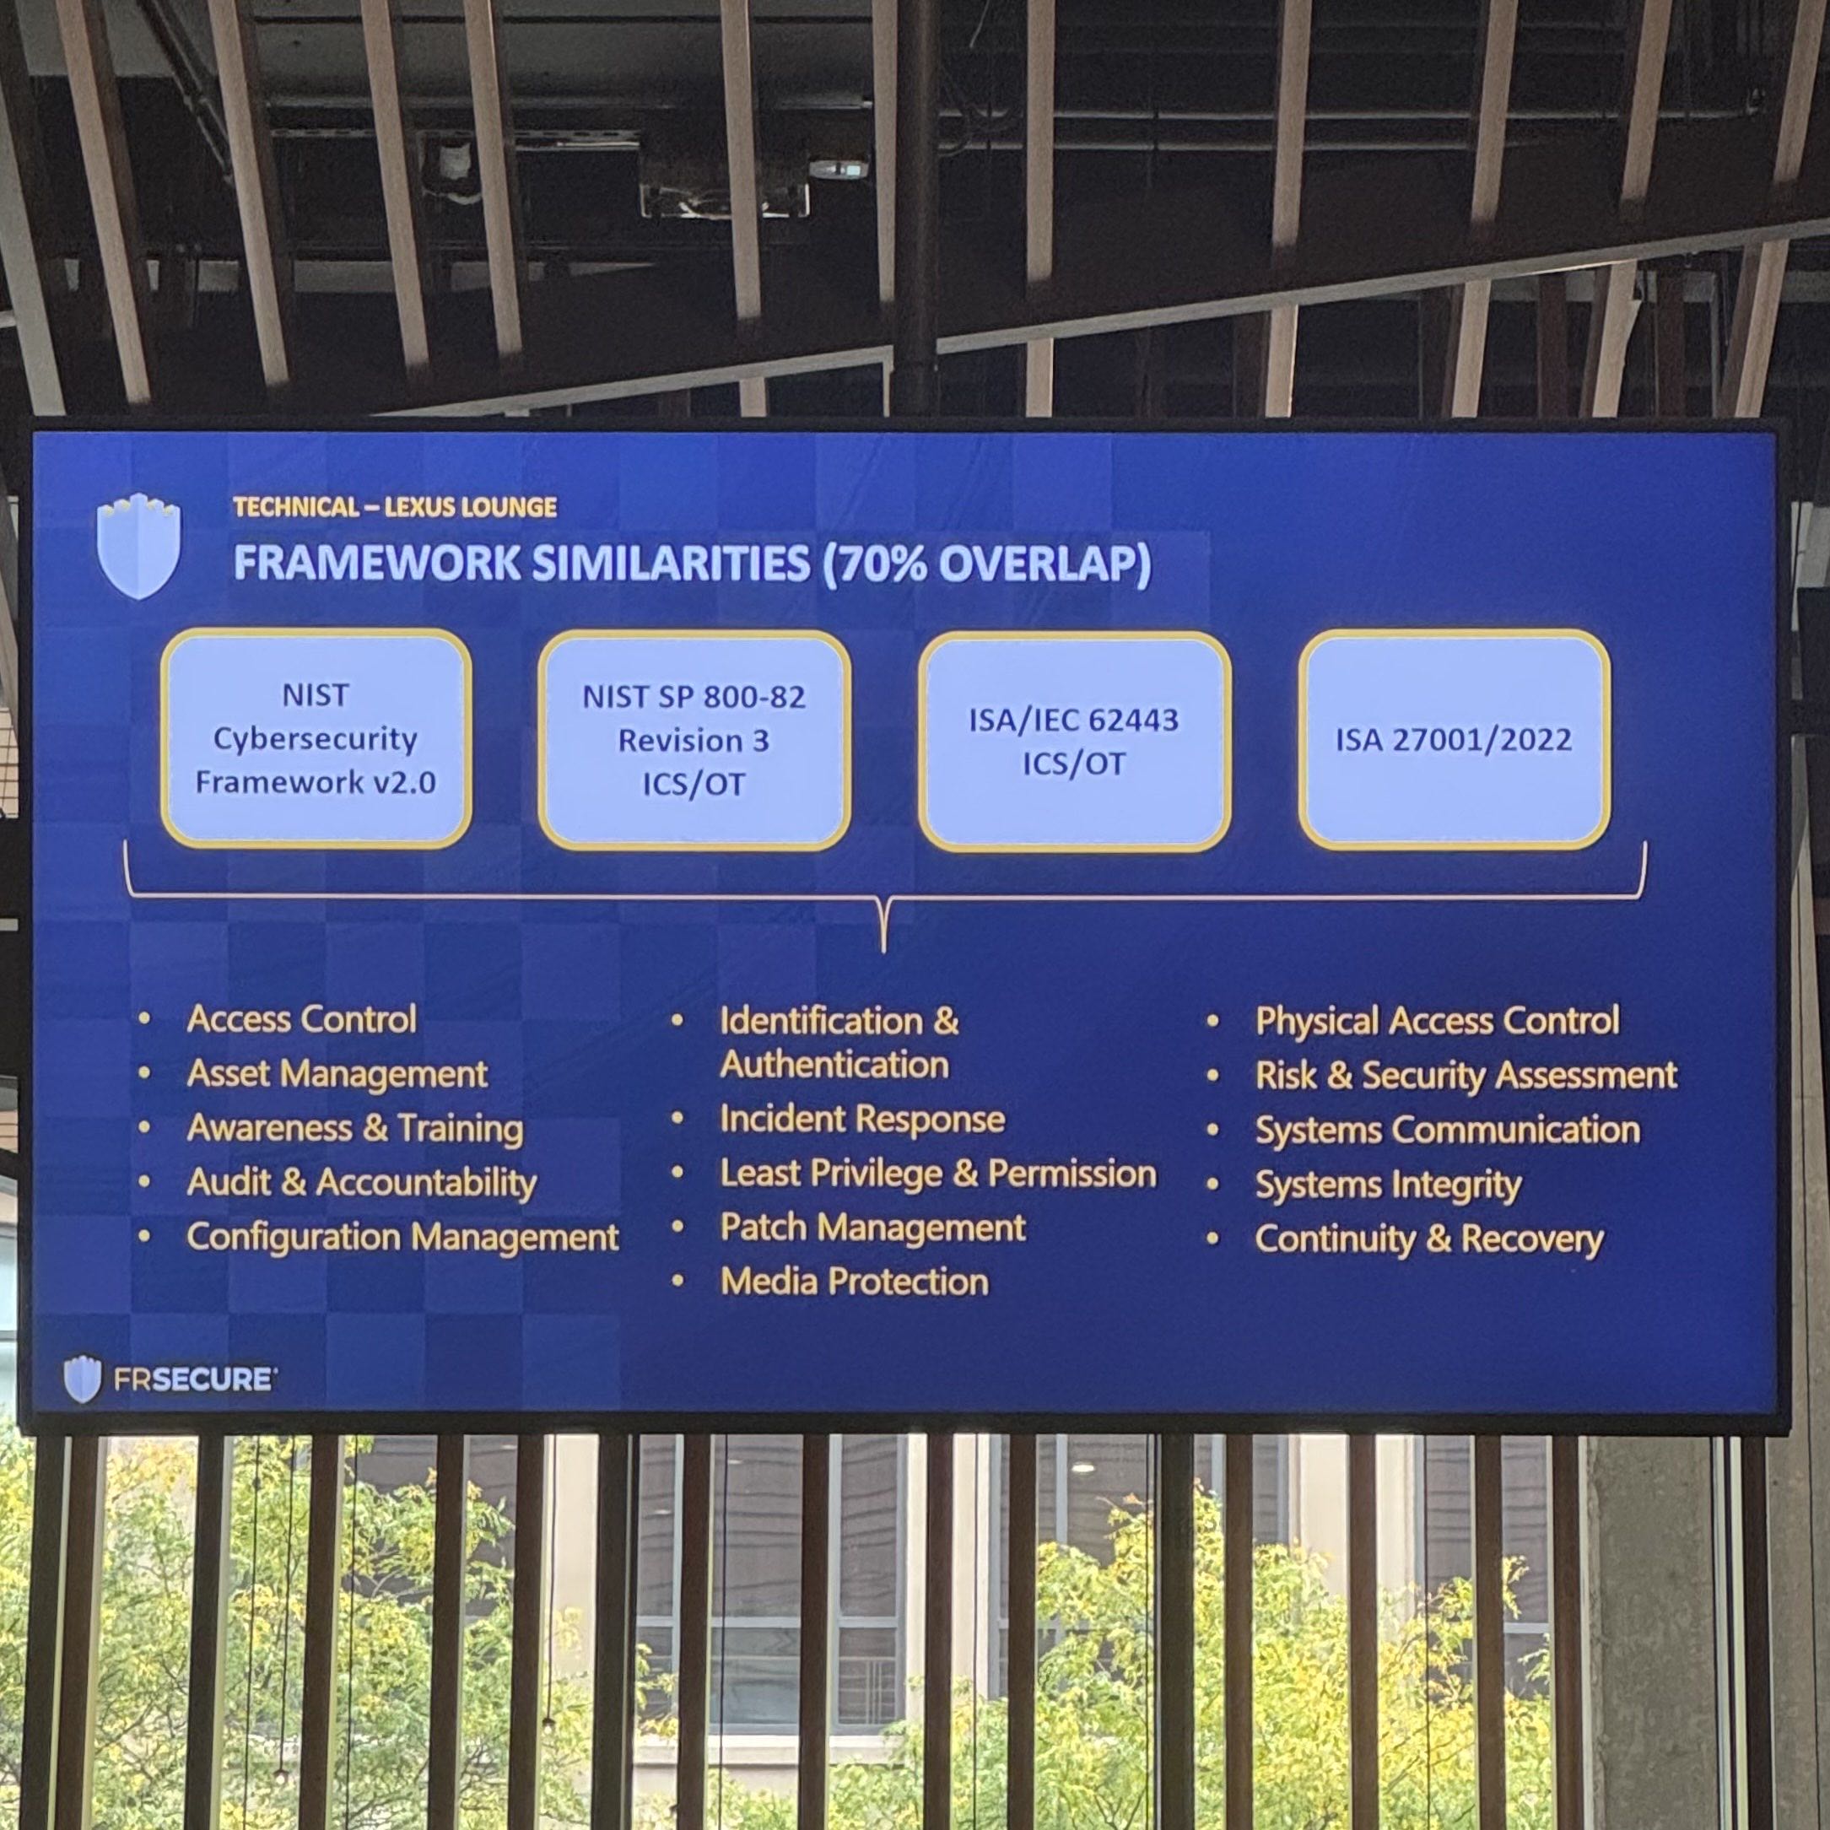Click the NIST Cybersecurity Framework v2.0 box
[x=316, y=738]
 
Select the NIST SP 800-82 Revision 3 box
[x=694, y=740]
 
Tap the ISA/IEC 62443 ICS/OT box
[x=1073, y=741]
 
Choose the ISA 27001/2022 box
[x=1453, y=739]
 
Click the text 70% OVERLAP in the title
[x=987, y=564]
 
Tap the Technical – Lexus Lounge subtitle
[x=395, y=507]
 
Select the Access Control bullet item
[x=301, y=1019]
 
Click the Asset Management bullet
[x=337, y=1073]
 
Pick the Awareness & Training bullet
[x=355, y=1128]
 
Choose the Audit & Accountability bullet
[x=362, y=1182]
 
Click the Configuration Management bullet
[x=402, y=1237]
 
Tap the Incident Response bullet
[x=862, y=1119]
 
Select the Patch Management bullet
[x=872, y=1228]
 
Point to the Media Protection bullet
[x=855, y=1282]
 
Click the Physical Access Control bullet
[x=1437, y=1020]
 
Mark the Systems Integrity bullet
[x=1388, y=1185]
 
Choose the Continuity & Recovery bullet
[x=1429, y=1239]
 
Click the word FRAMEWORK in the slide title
[x=376, y=564]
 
